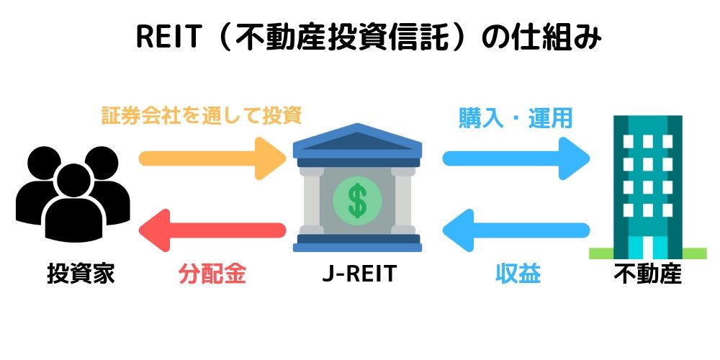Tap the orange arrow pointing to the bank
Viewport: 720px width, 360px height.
coord(212,158)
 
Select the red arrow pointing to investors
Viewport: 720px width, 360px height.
coord(212,230)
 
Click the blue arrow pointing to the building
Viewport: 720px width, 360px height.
coord(516,158)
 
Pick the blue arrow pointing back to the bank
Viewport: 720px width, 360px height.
coord(516,230)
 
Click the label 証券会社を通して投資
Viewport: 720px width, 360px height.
coord(202,116)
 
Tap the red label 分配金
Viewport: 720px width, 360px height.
coord(212,274)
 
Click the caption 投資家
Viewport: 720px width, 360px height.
coord(81,274)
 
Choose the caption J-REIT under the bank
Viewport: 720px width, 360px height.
coord(359,274)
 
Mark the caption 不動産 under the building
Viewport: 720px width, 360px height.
coord(648,274)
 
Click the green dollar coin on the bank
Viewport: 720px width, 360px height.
coord(357,200)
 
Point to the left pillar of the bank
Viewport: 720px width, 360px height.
coord(311,201)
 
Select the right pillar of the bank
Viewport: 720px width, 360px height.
coord(403,201)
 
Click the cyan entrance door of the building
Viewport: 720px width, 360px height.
coord(647,248)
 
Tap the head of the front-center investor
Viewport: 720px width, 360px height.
coord(73,181)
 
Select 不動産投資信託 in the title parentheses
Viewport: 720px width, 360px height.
coord(340,37)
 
